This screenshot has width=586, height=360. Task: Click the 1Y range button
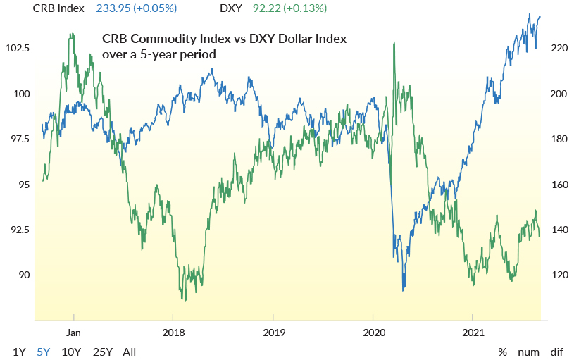(19, 352)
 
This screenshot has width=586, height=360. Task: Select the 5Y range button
(44, 352)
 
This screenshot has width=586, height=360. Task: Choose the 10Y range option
(71, 352)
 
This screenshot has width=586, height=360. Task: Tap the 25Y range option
(102, 352)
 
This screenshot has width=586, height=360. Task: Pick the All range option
(130, 352)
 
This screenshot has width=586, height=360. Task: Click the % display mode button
(503, 352)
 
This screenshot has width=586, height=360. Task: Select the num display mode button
(528, 352)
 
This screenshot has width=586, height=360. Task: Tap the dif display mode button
(556, 352)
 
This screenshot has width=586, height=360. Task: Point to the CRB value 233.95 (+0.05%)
(135, 8)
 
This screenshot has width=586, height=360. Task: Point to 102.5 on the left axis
(18, 49)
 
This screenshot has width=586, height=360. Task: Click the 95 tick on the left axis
(23, 185)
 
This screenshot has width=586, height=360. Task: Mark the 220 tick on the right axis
(557, 49)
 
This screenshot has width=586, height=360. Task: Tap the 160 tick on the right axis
(557, 185)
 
